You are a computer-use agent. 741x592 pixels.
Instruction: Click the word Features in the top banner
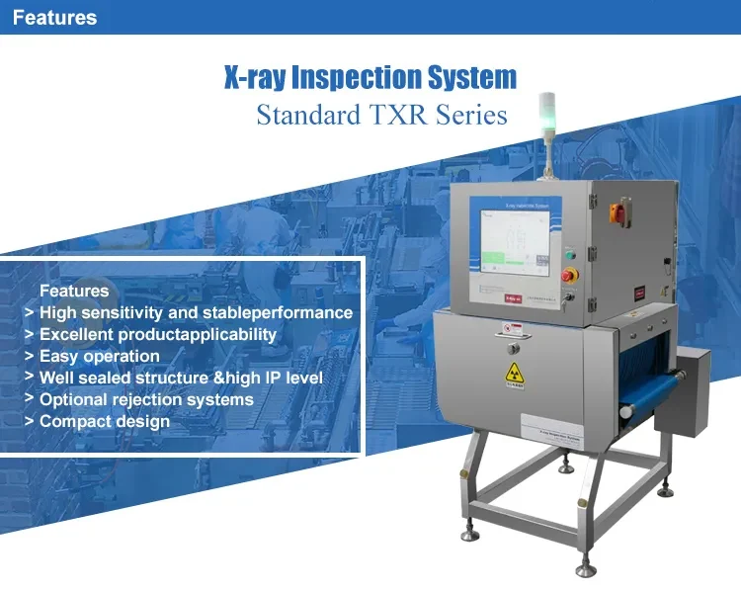[55, 18]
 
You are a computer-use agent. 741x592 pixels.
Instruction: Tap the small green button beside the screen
[570, 246]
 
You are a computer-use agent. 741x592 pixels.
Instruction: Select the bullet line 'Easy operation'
[99, 356]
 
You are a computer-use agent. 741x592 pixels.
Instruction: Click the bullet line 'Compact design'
[104, 421]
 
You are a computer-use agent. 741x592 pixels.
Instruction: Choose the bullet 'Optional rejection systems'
[146, 399]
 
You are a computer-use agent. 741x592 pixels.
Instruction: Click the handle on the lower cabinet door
[512, 348]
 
